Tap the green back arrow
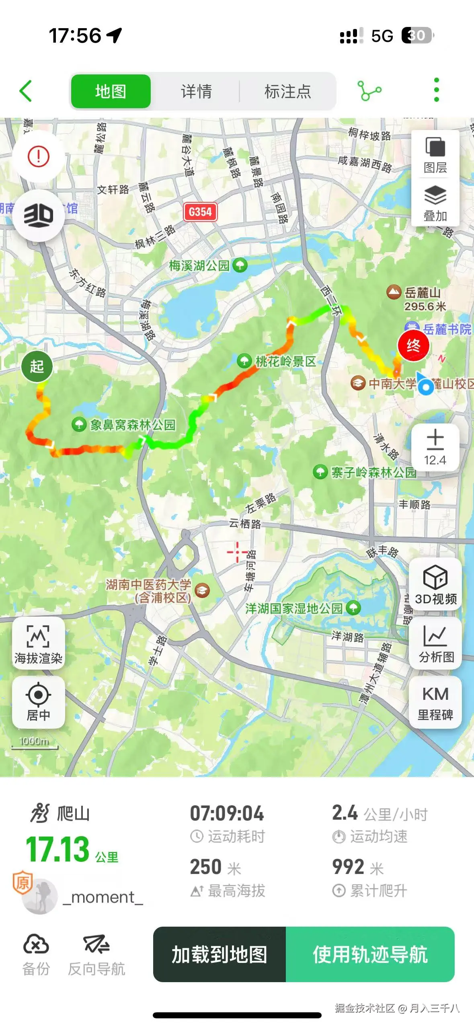click(26, 91)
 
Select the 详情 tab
click(196, 91)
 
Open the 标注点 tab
click(287, 91)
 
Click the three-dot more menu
click(436, 90)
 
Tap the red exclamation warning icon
click(39, 156)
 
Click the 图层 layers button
click(435, 154)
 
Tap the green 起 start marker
click(37, 366)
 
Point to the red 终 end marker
click(413, 345)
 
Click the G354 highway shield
click(200, 212)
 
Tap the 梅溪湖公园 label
click(199, 265)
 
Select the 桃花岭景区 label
click(285, 361)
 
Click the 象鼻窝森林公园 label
click(132, 425)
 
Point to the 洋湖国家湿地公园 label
click(294, 608)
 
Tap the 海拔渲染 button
click(38, 643)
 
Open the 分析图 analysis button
click(436, 643)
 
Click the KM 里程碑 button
click(435, 702)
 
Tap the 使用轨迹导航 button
click(370, 954)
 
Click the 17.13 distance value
click(57, 849)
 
